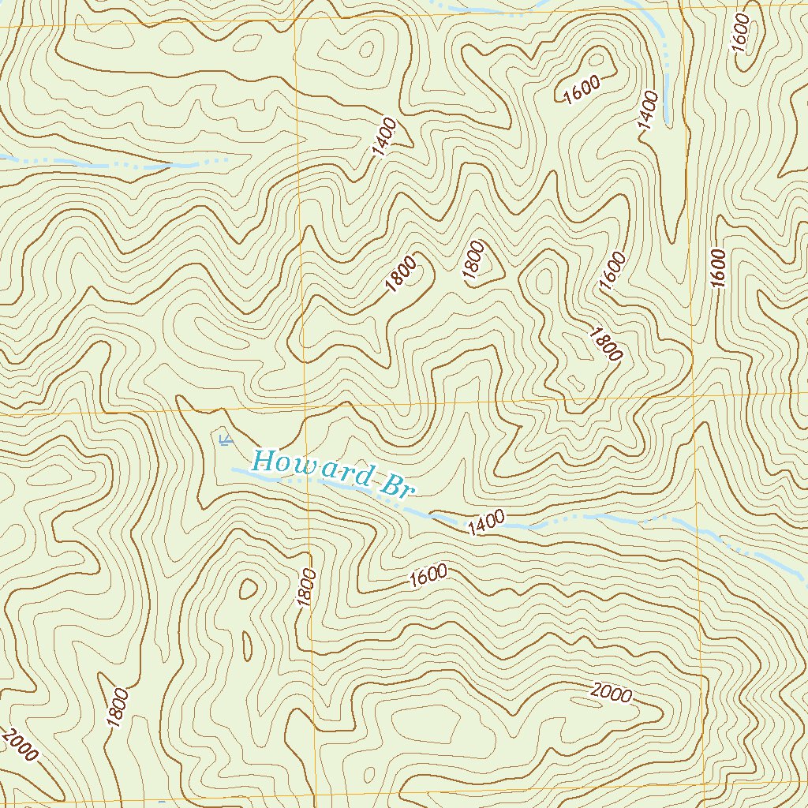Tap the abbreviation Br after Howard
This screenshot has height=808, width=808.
click(397, 485)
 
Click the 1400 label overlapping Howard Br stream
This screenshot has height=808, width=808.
click(485, 522)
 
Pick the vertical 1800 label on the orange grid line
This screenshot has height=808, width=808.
click(306, 588)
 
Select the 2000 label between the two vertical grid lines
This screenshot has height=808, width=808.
click(611, 694)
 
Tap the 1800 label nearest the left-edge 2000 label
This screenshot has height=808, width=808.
click(117, 708)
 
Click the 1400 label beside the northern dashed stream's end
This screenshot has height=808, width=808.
click(648, 110)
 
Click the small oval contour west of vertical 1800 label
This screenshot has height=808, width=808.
click(249, 588)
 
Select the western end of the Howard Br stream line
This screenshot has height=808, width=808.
click(234, 469)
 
